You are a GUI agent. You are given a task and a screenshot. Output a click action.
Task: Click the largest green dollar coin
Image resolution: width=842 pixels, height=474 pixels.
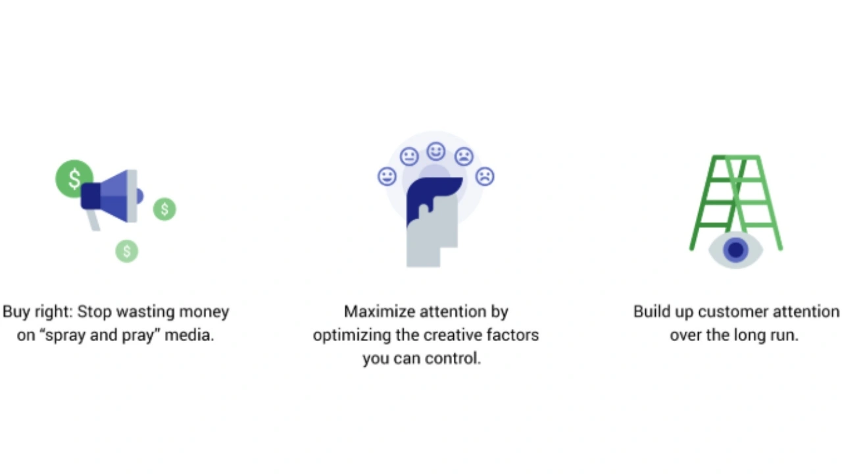[74, 178]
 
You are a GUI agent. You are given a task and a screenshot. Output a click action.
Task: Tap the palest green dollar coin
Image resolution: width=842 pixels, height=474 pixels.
[127, 251]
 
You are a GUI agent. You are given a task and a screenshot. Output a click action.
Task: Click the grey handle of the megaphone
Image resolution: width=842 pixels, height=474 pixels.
[93, 219]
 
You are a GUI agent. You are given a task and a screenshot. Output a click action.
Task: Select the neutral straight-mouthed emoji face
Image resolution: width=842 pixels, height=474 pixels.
[409, 157]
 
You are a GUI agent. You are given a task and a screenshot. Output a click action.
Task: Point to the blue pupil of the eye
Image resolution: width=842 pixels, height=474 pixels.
[735, 250]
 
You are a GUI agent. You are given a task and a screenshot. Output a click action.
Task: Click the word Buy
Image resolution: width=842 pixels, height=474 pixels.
[16, 311]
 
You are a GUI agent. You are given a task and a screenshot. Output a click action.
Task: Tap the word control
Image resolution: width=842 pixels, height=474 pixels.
[457, 359]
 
